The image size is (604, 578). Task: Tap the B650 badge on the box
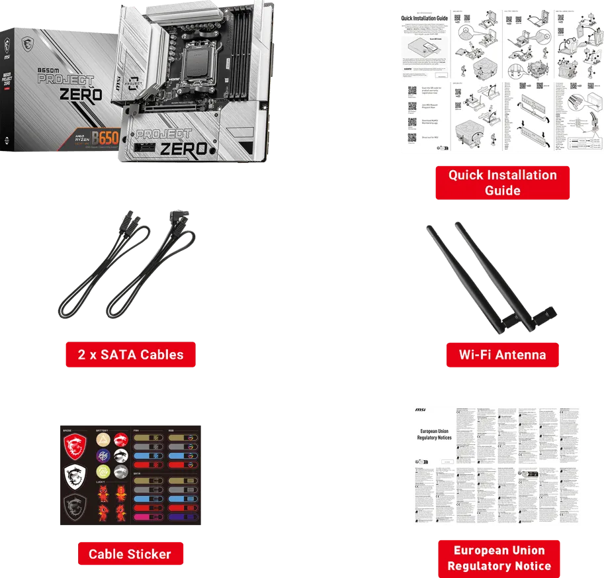tap(105, 139)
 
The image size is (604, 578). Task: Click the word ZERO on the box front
tap(81, 94)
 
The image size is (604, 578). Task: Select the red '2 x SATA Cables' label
tap(130, 355)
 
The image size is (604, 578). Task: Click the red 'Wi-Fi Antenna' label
tap(503, 355)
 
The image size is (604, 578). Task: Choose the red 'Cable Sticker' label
tap(130, 554)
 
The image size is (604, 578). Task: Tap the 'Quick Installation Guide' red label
tap(503, 183)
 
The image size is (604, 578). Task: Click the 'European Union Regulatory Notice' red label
tap(499, 558)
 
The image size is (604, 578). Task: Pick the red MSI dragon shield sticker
tap(74, 449)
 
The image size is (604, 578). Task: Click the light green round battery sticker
tap(103, 471)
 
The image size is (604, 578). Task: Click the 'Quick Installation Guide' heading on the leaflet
tap(424, 18)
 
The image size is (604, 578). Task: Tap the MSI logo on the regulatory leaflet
tap(420, 410)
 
